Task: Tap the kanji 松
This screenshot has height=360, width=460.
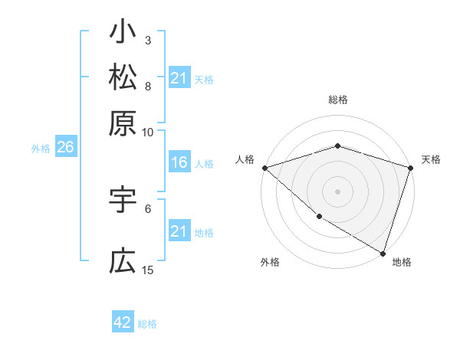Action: point(123,78)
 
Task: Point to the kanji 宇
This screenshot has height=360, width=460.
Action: point(123,200)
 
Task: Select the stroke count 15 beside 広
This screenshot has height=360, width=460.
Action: point(148,270)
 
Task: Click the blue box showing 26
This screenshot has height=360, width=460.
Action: point(64,149)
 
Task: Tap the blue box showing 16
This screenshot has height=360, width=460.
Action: point(179,163)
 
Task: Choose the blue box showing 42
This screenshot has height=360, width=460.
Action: point(123,322)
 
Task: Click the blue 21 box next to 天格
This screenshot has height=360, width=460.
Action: point(179,78)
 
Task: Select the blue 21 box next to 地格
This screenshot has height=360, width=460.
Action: point(179,231)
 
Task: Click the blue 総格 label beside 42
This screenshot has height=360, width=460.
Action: point(147,324)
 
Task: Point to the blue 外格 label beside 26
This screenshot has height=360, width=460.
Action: point(41,149)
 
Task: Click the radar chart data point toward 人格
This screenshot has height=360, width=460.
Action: point(264,168)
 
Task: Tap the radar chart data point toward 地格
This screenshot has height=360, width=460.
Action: point(383,253)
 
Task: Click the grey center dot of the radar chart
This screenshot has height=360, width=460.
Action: point(337,191)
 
